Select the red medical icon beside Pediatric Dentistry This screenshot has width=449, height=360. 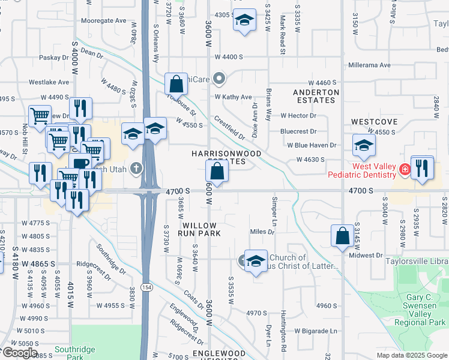405,169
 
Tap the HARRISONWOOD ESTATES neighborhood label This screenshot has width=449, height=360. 226,157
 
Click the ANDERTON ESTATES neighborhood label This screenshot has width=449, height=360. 316,96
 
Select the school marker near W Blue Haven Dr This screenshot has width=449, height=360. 363,145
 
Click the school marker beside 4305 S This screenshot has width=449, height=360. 244,20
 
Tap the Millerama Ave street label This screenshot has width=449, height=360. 369,65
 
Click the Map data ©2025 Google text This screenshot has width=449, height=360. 411,355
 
